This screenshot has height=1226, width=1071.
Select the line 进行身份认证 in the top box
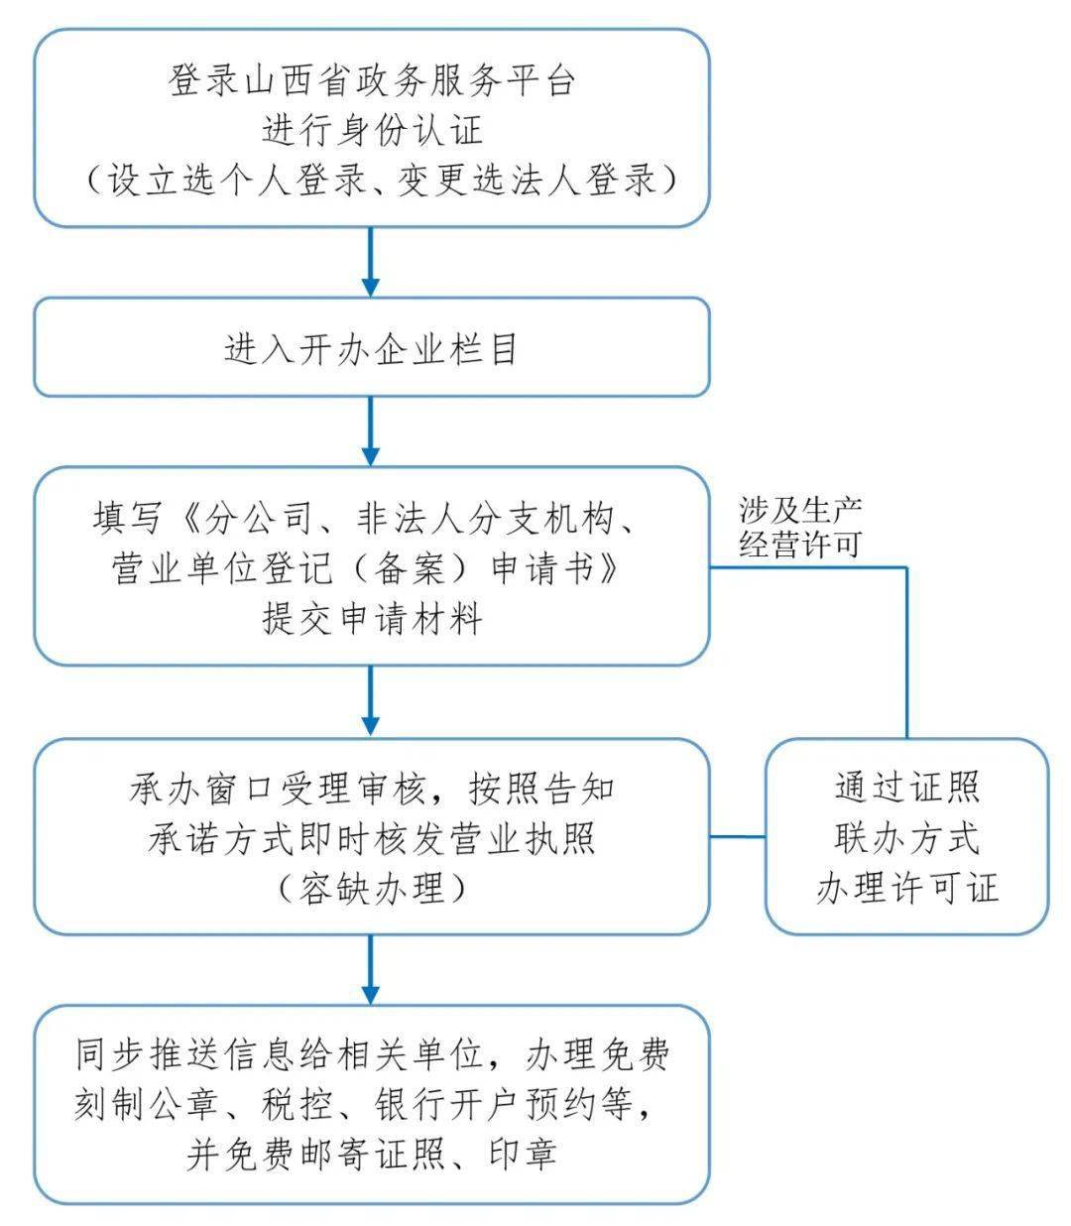pos(372,131)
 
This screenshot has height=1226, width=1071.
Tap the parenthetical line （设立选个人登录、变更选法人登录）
pos(372,181)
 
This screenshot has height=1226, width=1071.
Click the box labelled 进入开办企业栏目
pos(372,349)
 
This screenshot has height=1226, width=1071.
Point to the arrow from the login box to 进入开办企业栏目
pos(371,262)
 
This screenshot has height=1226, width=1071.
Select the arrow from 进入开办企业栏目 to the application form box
pos(371,431)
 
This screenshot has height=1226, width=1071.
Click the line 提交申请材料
pos(372,619)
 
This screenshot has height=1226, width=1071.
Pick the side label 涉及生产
pos(800,510)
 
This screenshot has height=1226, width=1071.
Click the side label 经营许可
pos(800,544)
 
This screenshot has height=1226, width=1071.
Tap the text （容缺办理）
pos(372,889)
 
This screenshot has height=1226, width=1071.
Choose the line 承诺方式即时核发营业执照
pos(372,839)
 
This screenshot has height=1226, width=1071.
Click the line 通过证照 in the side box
pos(906,788)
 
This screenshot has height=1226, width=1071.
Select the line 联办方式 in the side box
pos(906,838)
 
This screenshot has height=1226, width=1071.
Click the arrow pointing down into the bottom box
pos(371,969)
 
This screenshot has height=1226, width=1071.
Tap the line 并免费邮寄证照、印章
pos(372,1154)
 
